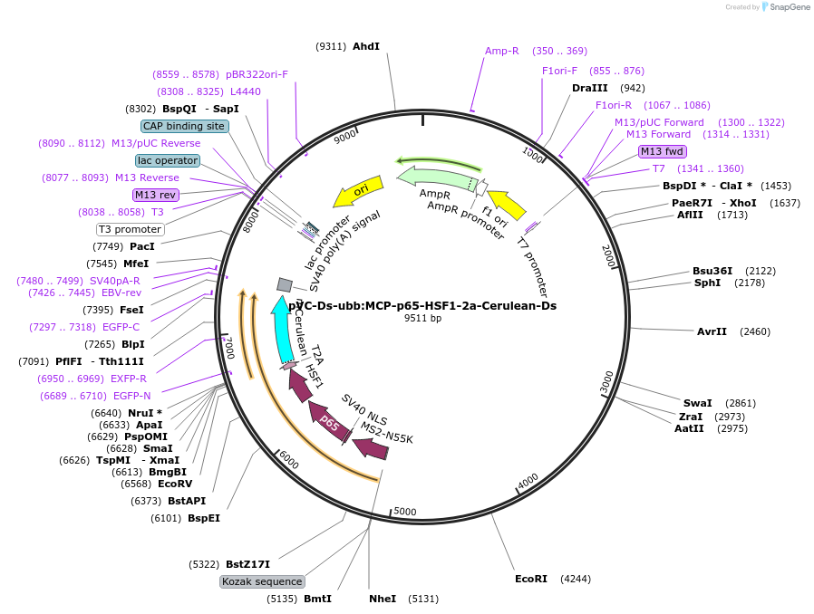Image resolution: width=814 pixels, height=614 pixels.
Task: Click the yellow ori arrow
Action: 359,191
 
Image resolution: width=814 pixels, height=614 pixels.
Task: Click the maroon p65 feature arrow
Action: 330,424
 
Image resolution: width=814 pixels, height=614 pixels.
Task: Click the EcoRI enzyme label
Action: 531,578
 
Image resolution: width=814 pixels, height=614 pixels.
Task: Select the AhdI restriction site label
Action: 366,45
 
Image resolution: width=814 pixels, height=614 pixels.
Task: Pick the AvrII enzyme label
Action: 712,331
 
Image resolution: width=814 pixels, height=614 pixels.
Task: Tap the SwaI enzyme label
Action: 697,403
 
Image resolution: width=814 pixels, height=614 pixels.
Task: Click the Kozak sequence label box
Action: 262,581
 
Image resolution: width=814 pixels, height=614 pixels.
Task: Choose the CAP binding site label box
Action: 185,127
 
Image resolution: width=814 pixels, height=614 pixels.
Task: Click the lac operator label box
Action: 168,160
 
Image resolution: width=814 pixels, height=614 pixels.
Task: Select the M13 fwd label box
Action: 662,151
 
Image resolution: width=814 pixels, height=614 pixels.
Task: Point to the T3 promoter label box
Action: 131,229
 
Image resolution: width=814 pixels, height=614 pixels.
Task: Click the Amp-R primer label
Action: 501,51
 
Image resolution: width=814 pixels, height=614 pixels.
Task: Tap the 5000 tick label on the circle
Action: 405,512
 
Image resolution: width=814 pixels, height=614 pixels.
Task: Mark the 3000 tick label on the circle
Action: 606,381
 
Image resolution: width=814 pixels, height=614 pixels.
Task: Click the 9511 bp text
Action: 422,318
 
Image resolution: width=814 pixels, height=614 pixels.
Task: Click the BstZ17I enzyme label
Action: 247,564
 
